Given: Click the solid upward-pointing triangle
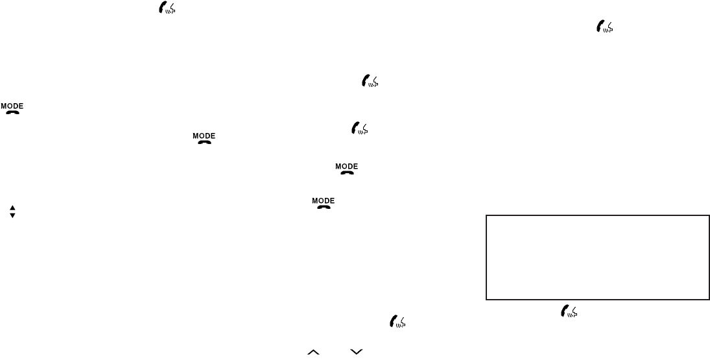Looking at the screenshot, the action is click(12, 208).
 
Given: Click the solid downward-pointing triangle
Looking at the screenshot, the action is click(12, 215).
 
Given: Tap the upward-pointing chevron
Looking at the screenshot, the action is click(314, 352).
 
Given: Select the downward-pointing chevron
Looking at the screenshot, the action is click(355, 352).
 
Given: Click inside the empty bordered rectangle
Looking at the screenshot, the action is click(597, 258).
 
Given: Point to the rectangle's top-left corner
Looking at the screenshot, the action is click(486, 216).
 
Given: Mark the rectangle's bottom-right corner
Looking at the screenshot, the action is click(708, 300).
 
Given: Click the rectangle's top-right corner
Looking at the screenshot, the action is click(708, 216).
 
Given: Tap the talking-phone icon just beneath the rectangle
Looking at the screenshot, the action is click(569, 311).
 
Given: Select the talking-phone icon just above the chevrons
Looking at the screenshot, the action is click(397, 321).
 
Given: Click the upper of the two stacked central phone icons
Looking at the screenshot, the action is click(370, 81).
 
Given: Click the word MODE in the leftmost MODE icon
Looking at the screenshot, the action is click(12, 105).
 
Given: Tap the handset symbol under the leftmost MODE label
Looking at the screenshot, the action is click(12, 112).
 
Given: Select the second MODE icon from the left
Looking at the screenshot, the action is click(204, 138).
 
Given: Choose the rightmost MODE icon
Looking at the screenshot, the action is click(347, 169).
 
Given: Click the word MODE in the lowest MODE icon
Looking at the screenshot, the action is click(324, 200).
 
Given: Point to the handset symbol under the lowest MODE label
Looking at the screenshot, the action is click(324, 207).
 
